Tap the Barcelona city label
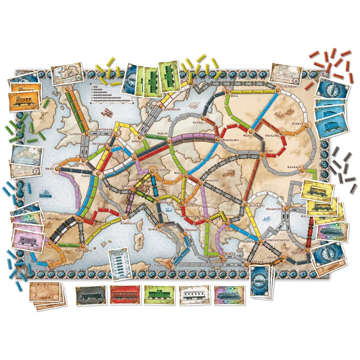83,250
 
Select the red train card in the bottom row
124,295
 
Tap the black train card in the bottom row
91,295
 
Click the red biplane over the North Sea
105,112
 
